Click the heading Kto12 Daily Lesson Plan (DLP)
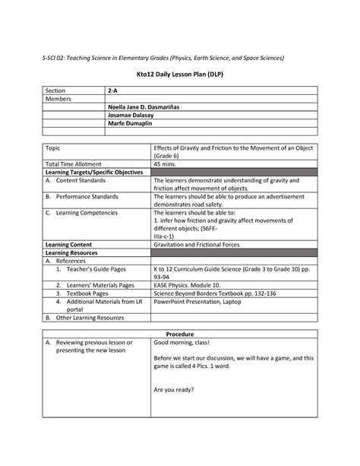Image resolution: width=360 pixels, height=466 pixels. tap(179, 78)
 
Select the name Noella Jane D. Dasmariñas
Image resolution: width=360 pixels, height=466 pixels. tap(150, 108)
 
